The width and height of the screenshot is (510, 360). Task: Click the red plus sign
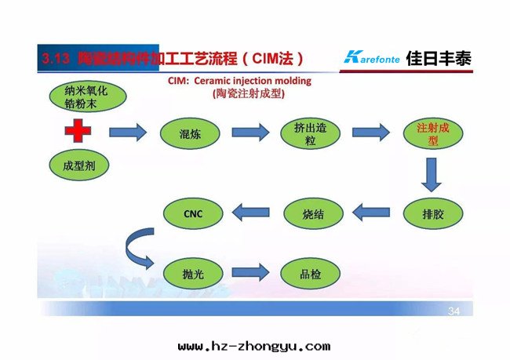coord(77,131)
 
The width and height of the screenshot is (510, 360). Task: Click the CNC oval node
coord(193,212)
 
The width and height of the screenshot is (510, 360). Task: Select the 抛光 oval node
coord(193,274)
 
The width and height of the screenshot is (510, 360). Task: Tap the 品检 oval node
coord(311,274)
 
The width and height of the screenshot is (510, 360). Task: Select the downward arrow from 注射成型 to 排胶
coord(430,175)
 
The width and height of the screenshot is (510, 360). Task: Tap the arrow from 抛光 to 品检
coord(251,274)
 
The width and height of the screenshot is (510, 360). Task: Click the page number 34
coord(454,311)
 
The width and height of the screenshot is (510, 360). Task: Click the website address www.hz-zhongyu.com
coord(254,346)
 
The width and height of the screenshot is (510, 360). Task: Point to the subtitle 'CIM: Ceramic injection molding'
coord(240,81)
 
